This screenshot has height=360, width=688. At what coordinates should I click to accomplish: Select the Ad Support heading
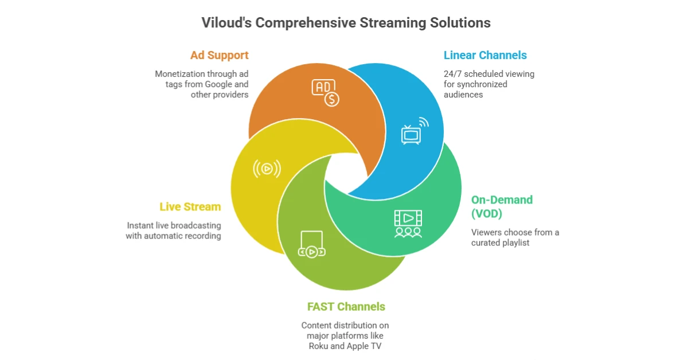click(x=220, y=56)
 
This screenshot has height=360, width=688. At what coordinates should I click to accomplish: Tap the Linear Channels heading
click(x=485, y=56)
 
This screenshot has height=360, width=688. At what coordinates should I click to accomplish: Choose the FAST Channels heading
click(x=345, y=306)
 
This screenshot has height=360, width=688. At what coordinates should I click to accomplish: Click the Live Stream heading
click(x=190, y=206)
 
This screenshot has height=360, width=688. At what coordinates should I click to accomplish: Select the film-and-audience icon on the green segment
click(x=408, y=224)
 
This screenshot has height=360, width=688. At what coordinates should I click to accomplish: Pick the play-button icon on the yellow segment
click(x=267, y=168)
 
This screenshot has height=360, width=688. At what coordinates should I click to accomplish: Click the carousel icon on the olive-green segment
click(x=311, y=245)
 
